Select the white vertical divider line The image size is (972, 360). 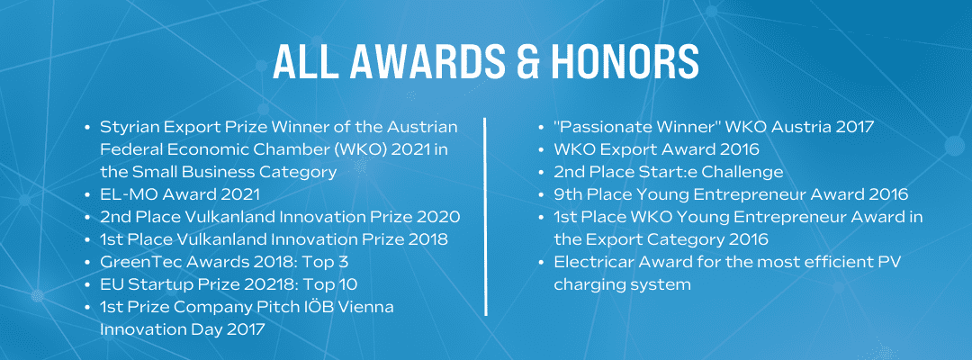485,216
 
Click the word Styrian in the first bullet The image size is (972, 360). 126,127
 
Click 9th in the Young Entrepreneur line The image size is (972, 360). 568,193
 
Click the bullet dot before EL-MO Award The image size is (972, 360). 86,194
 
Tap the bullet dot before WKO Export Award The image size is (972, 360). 541,150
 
